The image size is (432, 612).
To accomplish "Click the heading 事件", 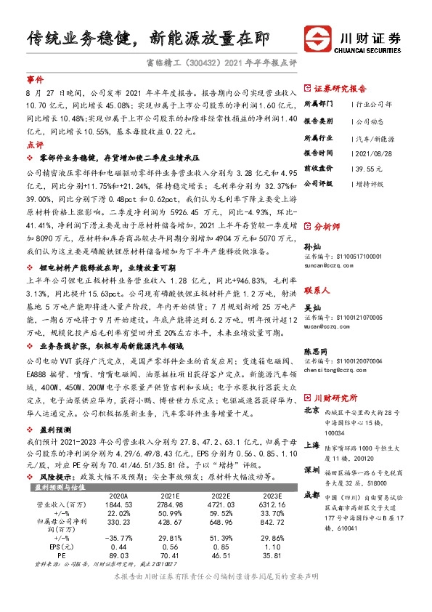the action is (x=35, y=78).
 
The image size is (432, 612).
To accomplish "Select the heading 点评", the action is (x=35, y=145).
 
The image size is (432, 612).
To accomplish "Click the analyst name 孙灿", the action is (x=313, y=247).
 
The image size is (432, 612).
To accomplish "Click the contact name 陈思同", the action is (x=317, y=350).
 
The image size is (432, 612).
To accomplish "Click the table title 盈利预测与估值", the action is (x=61, y=487).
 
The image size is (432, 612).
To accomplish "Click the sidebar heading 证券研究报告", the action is (x=341, y=90).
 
